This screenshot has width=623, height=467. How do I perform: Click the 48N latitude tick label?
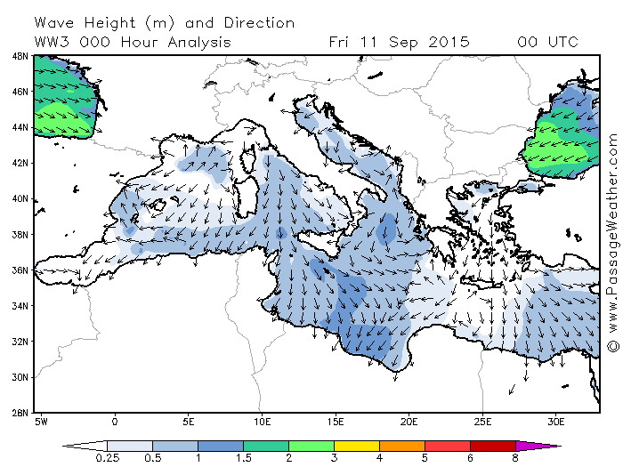click(x=20, y=55)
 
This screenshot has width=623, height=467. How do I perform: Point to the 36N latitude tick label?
click(x=20, y=270)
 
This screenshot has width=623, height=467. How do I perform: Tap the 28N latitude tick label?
click(x=20, y=413)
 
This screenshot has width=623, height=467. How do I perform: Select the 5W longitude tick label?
click(x=41, y=419)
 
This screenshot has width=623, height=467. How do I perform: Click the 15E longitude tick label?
click(x=335, y=419)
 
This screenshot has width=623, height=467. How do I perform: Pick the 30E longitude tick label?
click(x=555, y=419)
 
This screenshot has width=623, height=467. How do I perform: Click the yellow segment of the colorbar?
click(x=357, y=446)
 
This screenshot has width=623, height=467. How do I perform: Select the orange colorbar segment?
click(x=402, y=446)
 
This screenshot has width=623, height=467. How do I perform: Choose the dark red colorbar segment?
click(x=493, y=446)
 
